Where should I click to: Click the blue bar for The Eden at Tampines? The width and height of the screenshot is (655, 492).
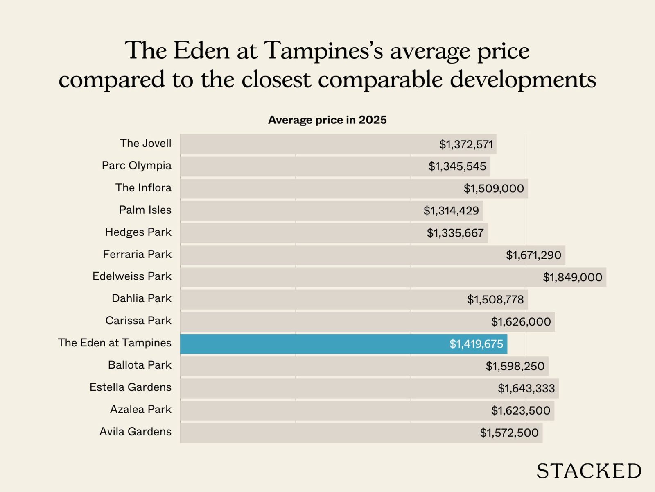click(x=311, y=344)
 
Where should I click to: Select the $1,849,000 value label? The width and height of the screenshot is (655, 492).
click(x=572, y=277)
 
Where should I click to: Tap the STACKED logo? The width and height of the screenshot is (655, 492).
click(x=589, y=471)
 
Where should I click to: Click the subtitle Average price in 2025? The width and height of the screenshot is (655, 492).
click(x=327, y=120)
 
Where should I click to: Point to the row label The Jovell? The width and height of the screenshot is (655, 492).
click(x=145, y=143)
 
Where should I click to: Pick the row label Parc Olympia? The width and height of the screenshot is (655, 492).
click(x=136, y=166)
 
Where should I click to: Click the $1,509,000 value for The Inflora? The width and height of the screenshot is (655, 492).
click(x=493, y=189)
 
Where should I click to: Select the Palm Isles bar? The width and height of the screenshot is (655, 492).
click(x=299, y=211)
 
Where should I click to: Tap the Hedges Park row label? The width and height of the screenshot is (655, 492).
click(x=138, y=232)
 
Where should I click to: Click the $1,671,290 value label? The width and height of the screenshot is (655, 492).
click(x=533, y=255)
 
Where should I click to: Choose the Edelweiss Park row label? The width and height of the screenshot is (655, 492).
click(x=132, y=276)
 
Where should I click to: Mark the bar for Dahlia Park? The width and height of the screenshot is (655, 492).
click(x=319, y=299)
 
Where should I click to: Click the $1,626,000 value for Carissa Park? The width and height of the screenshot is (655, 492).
click(x=521, y=321)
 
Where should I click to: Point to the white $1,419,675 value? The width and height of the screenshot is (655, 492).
click(x=476, y=344)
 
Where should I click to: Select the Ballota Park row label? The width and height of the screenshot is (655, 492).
click(x=140, y=365)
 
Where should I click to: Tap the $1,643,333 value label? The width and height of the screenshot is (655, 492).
click(x=526, y=388)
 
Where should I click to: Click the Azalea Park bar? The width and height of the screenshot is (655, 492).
click(x=327, y=410)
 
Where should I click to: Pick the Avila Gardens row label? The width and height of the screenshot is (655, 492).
click(x=135, y=431)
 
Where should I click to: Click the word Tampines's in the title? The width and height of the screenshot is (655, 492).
click(x=323, y=51)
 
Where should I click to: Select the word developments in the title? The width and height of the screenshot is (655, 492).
click(x=523, y=80)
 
